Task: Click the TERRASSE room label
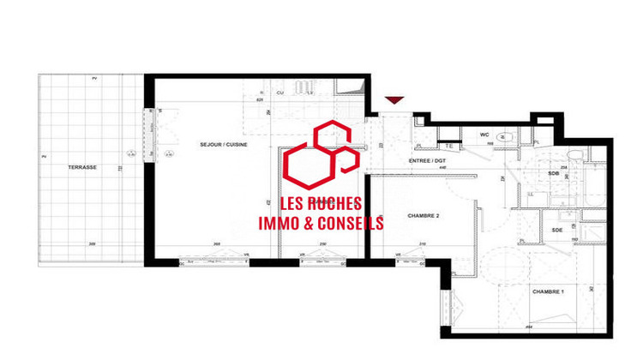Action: pos(83,167)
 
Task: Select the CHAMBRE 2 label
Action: pos(399,215)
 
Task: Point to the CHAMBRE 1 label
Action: pos(549,293)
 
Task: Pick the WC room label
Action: pos(484,135)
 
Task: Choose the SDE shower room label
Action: pos(557,229)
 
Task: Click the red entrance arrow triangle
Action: pos(394,101)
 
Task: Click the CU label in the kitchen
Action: pos(280,92)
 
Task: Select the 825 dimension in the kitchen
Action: pos(260,100)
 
